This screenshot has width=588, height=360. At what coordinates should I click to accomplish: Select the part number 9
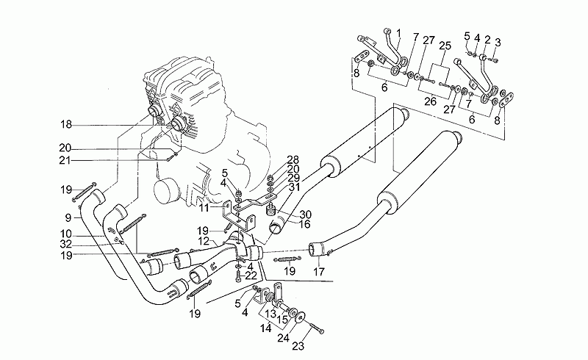click(68, 217)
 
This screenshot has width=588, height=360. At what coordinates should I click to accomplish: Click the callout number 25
click(444, 45)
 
